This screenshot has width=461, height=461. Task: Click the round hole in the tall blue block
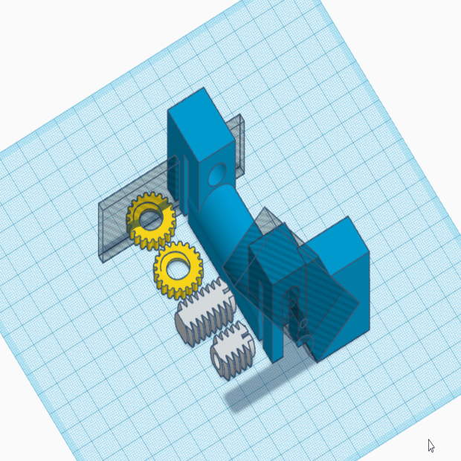point(218,175)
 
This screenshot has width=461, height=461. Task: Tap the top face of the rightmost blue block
point(338,239)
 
